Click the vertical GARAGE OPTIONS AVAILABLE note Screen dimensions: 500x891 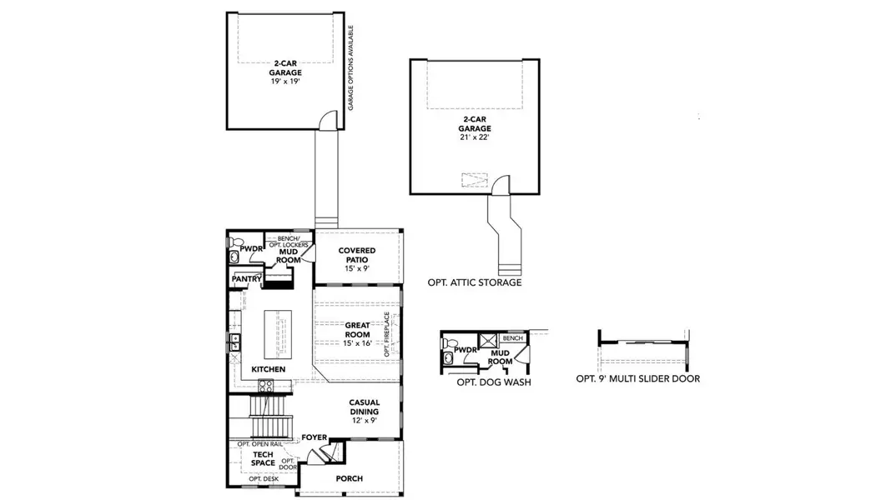click(351, 67)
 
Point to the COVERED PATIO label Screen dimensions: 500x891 click(357, 255)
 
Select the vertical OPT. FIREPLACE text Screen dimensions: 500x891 click(387, 335)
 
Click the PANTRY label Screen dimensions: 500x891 click(247, 279)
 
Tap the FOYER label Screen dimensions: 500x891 click(314, 437)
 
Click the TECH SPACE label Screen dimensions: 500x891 click(264, 458)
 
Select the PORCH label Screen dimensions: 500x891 click(349, 478)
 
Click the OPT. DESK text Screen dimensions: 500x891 click(264, 478)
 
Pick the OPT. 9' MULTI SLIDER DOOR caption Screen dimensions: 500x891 click(637, 378)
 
